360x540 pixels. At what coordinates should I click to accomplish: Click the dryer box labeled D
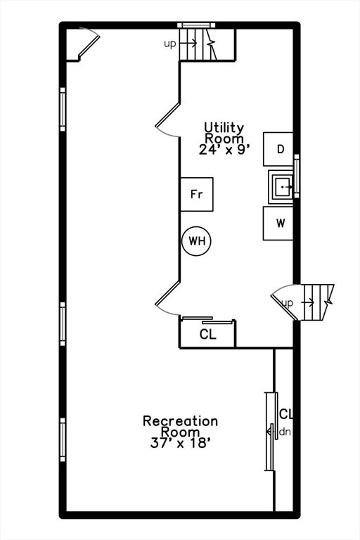click(x=278, y=149)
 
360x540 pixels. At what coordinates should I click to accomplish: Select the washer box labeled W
click(x=278, y=223)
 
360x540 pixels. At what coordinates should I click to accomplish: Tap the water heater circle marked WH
click(x=196, y=241)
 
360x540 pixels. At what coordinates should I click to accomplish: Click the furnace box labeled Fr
click(x=197, y=194)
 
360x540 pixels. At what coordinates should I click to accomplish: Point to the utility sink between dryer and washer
click(x=281, y=186)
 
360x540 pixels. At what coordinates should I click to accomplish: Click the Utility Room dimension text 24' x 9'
click(x=224, y=150)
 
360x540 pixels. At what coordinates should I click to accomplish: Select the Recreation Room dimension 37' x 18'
click(x=180, y=443)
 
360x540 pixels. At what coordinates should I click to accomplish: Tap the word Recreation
click(x=180, y=421)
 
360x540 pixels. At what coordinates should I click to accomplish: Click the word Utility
click(x=224, y=127)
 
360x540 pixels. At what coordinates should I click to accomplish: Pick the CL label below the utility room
click(x=207, y=334)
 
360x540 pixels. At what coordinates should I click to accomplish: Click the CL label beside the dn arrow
click(x=286, y=414)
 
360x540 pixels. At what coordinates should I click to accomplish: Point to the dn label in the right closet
click(x=285, y=432)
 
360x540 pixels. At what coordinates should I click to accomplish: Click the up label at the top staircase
click(x=170, y=44)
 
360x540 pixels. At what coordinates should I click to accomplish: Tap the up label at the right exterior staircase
click(x=288, y=303)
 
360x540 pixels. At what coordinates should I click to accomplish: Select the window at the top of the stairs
click(x=196, y=25)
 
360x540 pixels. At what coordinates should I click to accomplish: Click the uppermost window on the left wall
click(x=63, y=109)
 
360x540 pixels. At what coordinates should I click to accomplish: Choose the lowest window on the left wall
click(x=63, y=439)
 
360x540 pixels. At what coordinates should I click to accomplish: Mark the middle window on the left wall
click(x=63, y=323)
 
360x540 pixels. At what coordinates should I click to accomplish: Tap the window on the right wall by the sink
click(x=297, y=176)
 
